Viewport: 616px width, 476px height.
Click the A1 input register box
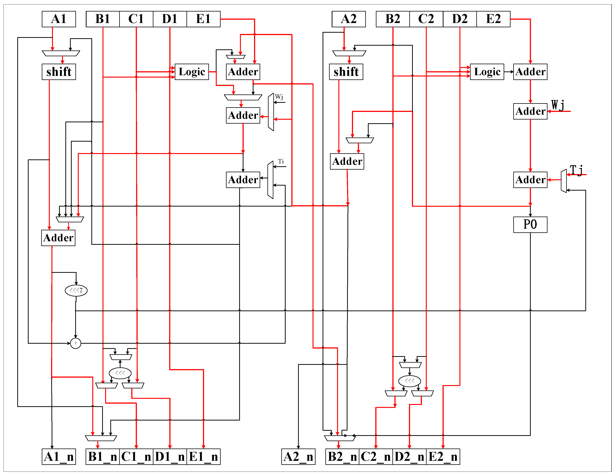click(59, 19)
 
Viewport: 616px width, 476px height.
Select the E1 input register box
click(203, 19)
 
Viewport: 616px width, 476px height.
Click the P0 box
click(530, 225)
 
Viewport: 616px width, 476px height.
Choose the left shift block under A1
click(59, 72)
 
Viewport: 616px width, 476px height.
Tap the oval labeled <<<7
click(76, 290)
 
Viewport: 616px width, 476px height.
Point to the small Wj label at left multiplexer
click(279, 97)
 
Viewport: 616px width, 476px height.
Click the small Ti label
click(281, 161)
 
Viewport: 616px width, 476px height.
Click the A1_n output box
click(59, 457)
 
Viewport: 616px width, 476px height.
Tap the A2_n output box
click(298, 457)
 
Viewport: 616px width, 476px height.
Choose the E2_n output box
click(443, 457)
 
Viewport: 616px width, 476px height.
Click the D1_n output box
click(170, 457)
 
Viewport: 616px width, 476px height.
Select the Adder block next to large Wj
click(530, 111)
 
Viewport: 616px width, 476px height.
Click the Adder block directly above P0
click(530, 180)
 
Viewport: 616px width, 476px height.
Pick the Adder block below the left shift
click(58, 238)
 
